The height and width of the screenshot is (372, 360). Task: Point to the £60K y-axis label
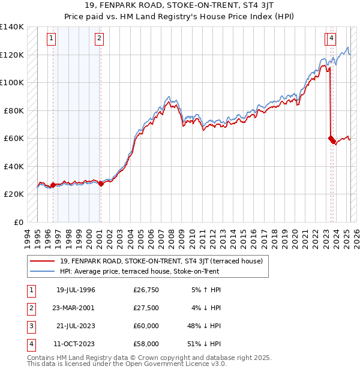14,138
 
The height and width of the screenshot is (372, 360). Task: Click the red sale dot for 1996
53,185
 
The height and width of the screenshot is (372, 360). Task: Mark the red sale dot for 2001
101,184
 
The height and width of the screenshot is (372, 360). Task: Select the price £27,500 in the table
146,308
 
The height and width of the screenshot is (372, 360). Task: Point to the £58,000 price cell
146,344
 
